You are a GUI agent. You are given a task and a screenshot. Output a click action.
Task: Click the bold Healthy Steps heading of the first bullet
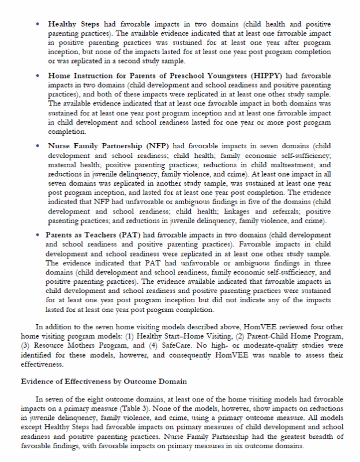click(74, 24)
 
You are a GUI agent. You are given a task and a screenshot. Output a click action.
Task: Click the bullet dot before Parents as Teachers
click(37, 235)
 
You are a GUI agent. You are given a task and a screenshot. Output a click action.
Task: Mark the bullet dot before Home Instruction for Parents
click(37, 76)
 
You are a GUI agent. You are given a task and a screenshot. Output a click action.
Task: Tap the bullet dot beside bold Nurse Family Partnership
click(37, 145)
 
